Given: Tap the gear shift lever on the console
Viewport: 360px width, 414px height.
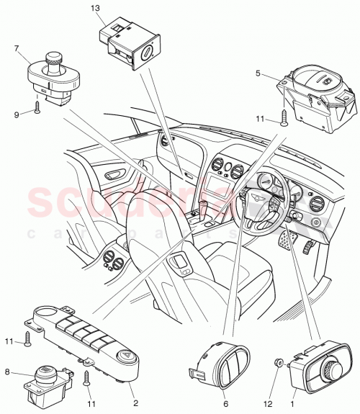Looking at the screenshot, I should (202, 211).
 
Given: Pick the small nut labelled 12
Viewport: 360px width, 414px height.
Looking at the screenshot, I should (279, 363).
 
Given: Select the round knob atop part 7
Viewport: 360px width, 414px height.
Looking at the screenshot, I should (53, 58).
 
